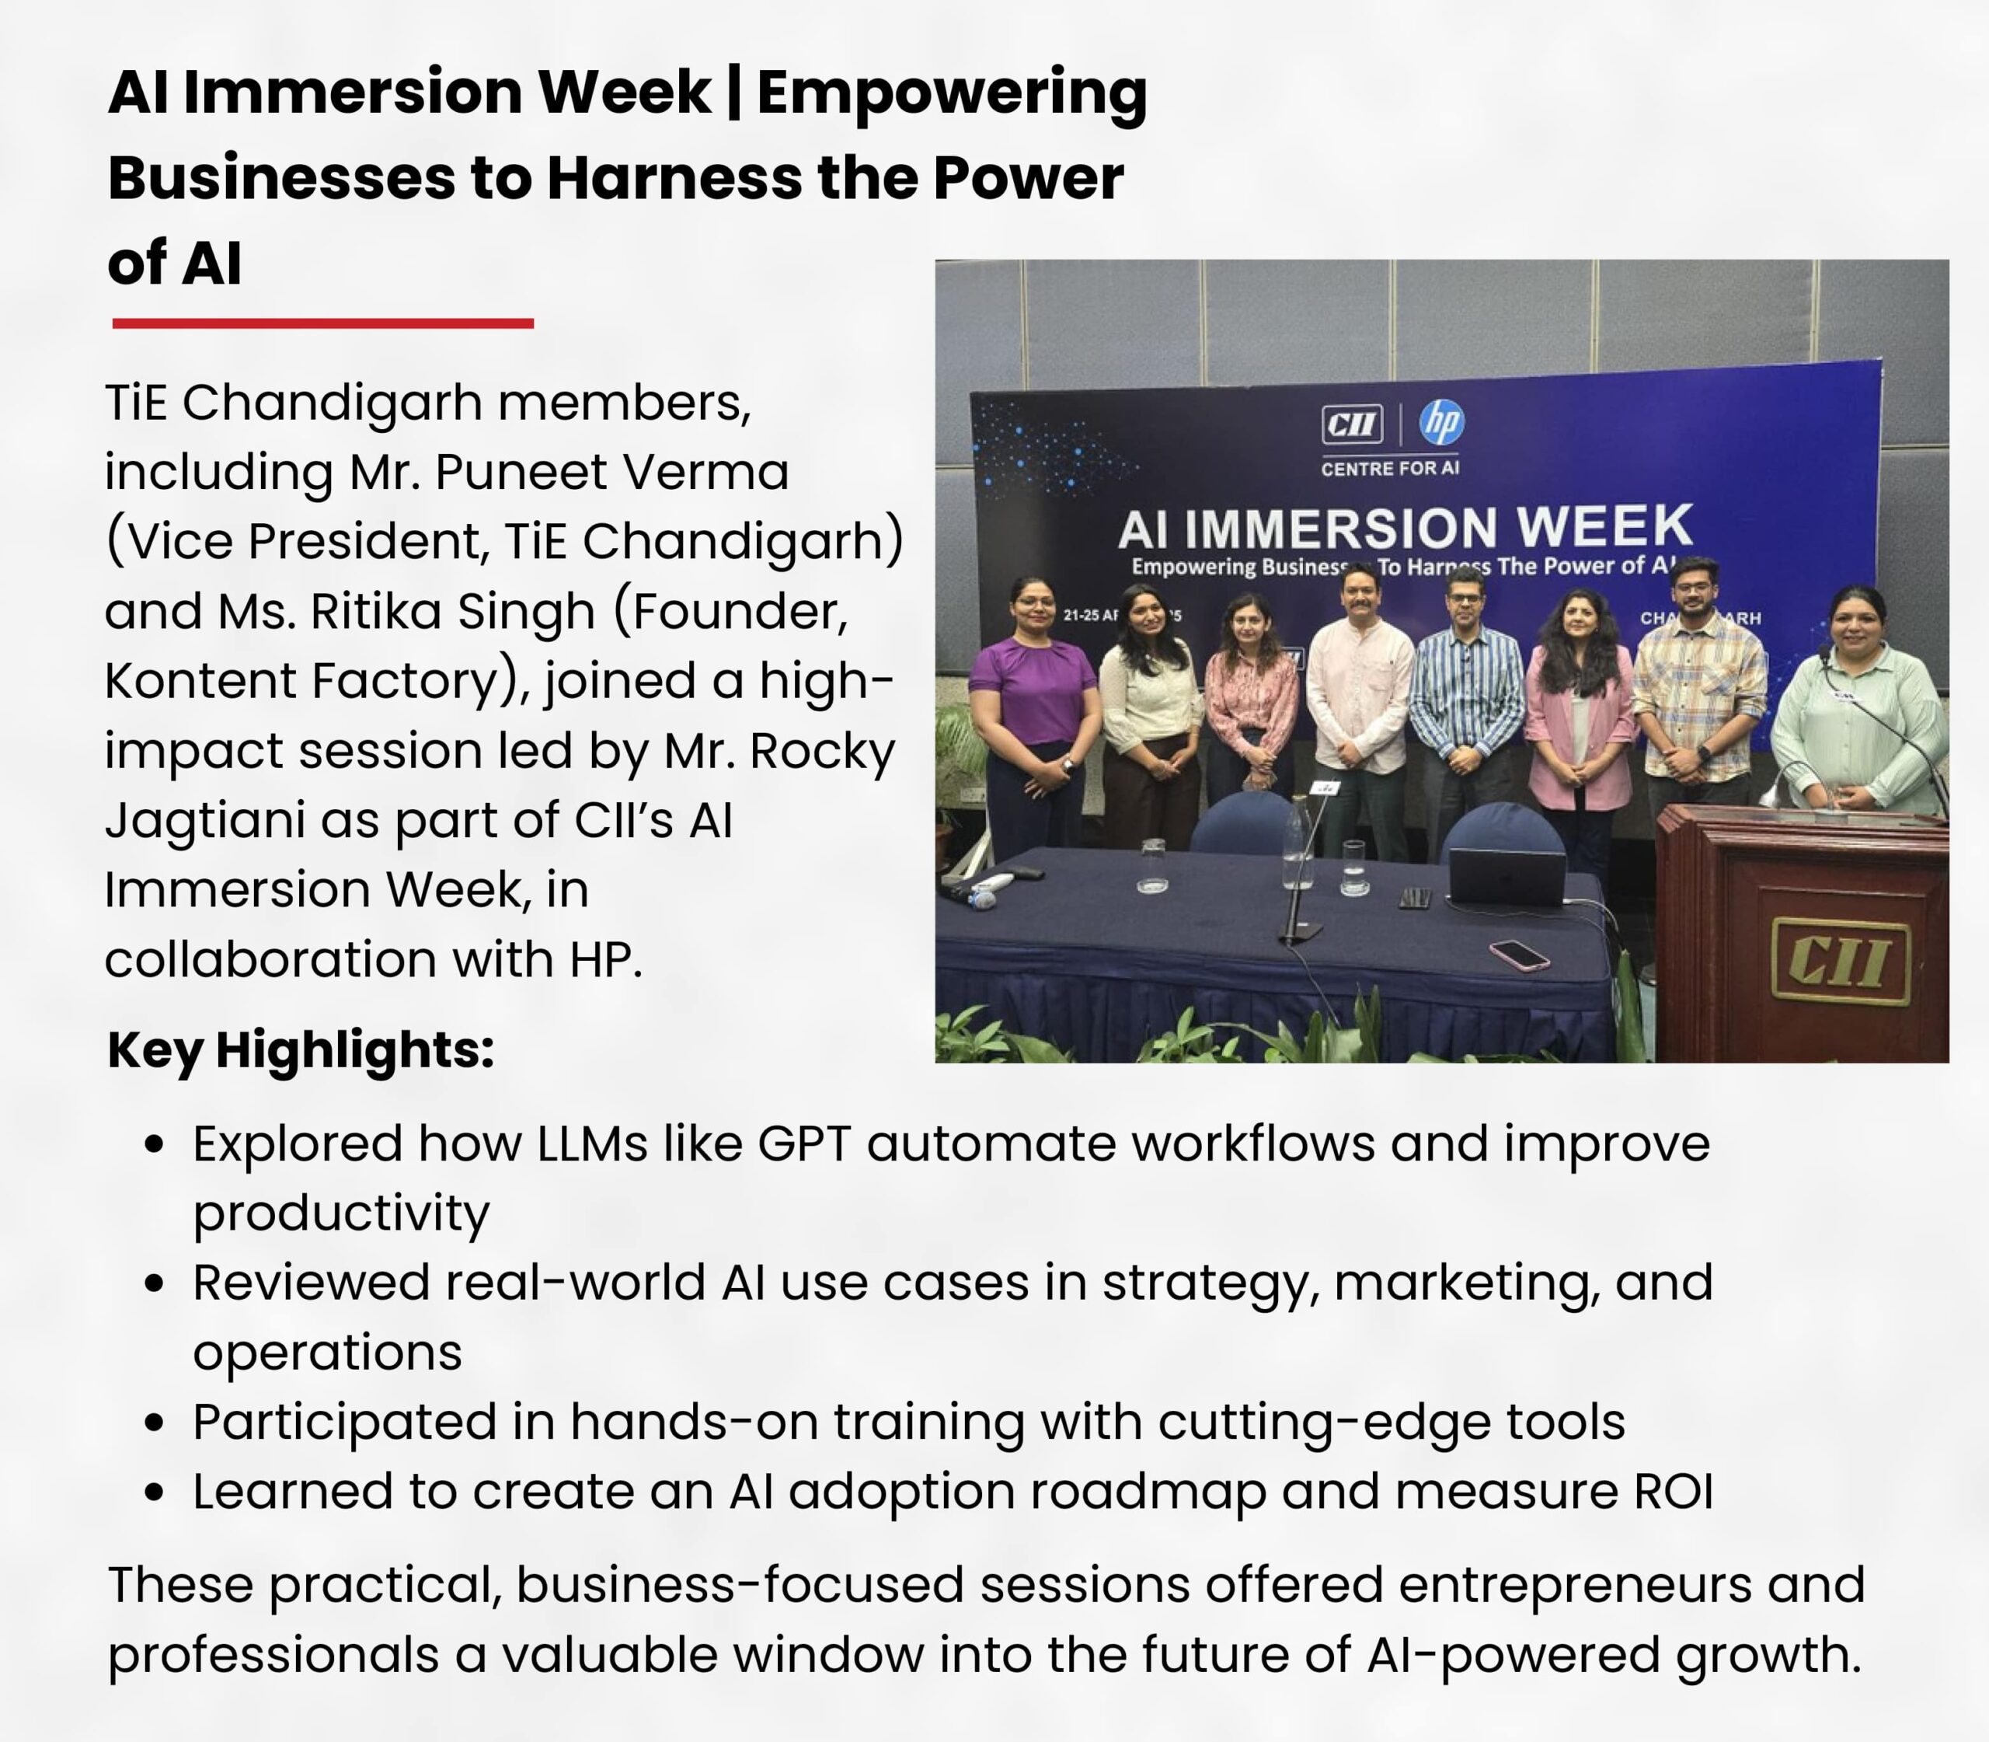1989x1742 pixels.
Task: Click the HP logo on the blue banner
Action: (1442, 422)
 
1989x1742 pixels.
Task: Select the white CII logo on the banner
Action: (1352, 424)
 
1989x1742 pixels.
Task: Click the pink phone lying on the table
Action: (1519, 954)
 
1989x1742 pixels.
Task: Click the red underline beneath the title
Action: (322, 323)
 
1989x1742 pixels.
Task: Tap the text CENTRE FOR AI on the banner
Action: (1389, 469)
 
